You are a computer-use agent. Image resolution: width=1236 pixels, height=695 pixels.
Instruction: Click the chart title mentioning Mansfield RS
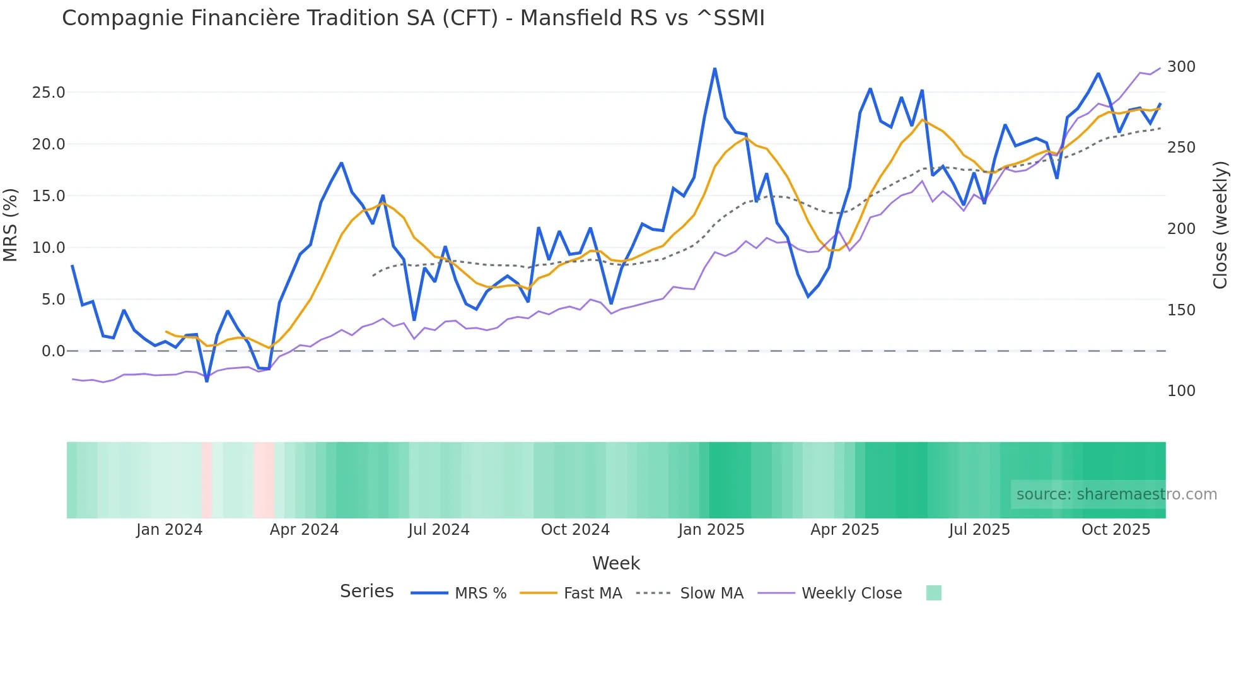413,18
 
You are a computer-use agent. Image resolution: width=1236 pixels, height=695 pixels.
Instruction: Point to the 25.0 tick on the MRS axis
49,93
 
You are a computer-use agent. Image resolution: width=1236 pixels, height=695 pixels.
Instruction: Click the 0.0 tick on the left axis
53,351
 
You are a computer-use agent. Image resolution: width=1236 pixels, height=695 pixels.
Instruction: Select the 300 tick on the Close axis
1181,67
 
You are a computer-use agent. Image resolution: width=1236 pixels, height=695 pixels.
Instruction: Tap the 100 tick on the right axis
1181,391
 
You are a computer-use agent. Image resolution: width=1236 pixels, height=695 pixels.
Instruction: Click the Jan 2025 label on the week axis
711,530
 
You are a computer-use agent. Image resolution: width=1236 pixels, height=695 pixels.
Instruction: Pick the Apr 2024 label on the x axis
304,530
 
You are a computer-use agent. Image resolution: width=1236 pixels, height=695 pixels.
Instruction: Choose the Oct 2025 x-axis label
1116,530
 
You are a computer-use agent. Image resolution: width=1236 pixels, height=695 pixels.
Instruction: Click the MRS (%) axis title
10,225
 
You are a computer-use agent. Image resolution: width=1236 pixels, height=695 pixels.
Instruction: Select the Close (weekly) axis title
1220,225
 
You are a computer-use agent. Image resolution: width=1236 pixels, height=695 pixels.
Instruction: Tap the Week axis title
615,563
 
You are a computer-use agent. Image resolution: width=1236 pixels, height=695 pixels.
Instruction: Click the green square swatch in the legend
933,593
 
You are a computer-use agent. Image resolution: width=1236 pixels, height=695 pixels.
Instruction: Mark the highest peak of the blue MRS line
714,69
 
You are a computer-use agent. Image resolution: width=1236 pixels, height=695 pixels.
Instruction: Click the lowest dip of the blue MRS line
207,381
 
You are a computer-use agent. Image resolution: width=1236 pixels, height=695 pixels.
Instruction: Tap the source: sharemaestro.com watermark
1116,494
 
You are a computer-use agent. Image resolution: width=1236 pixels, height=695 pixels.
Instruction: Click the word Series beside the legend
366,592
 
